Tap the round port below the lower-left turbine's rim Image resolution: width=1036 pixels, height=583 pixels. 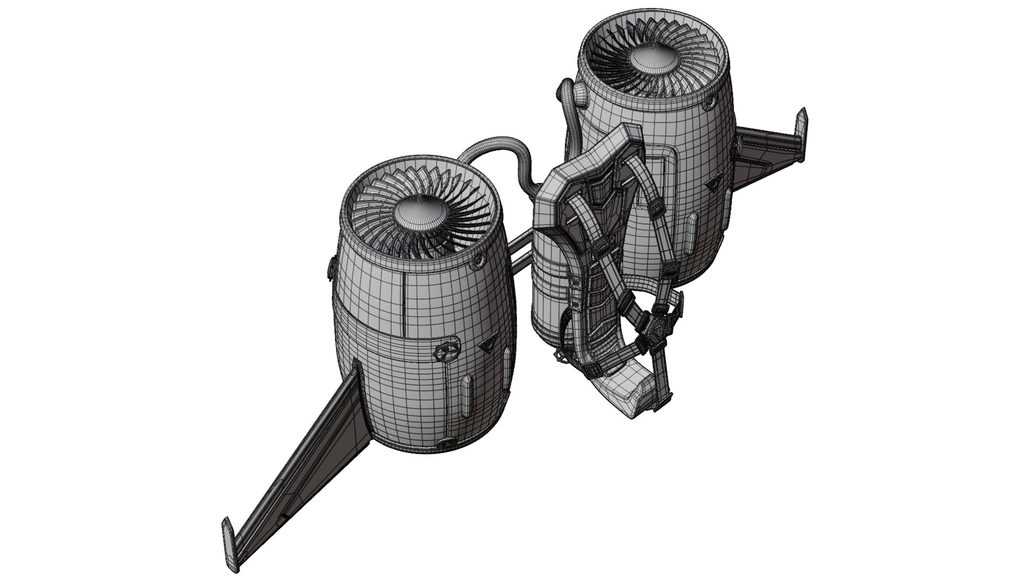coord(477,262)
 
